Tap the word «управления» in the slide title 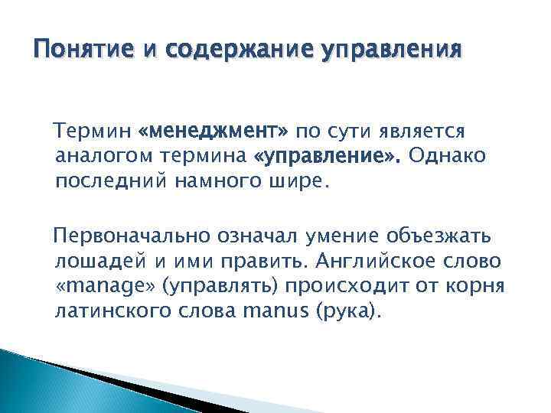[x=391, y=51]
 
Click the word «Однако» [x=448, y=156]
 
